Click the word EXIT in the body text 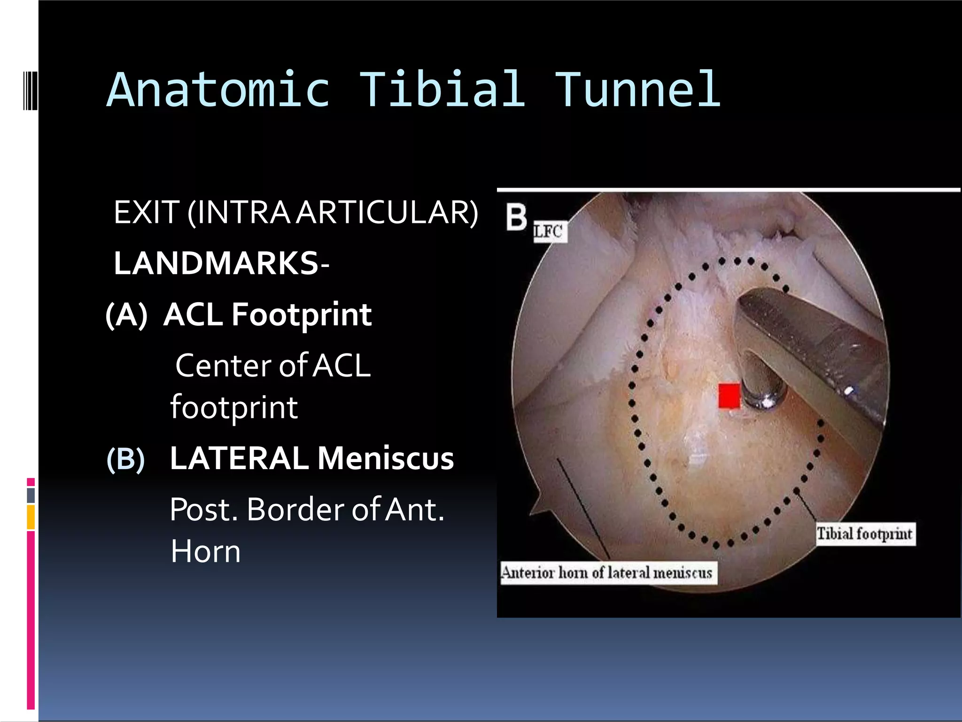point(147,212)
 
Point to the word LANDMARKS point(216,263)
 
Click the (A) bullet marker point(126,315)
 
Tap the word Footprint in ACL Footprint point(302,315)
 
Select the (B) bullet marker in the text point(125,459)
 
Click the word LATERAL point(239,458)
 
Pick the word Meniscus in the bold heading point(386,458)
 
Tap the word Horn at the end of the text point(205,551)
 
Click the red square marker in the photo point(729,396)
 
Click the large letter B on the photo point(516,217)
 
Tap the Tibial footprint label point(864,534)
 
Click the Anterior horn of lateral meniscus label point(608,573)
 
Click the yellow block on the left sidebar point(31,517)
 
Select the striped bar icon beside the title point(30,90)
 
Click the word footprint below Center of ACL point(233,408)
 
